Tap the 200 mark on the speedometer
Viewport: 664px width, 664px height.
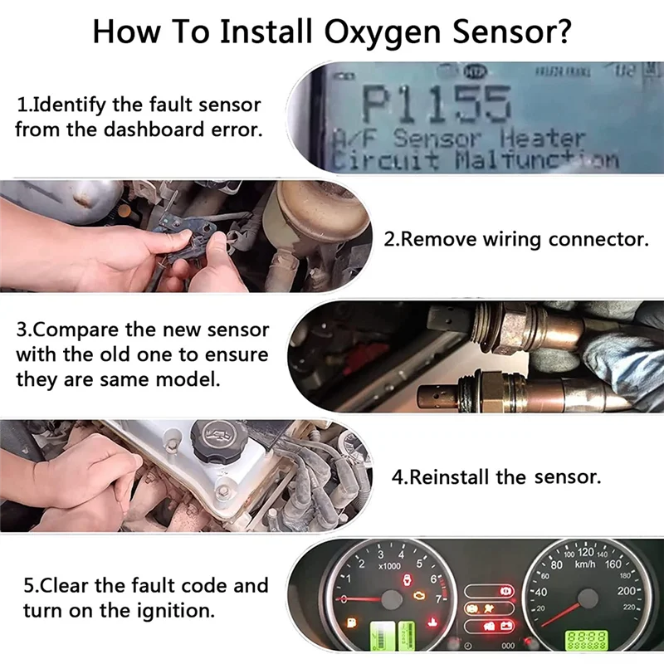click(626, 591)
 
